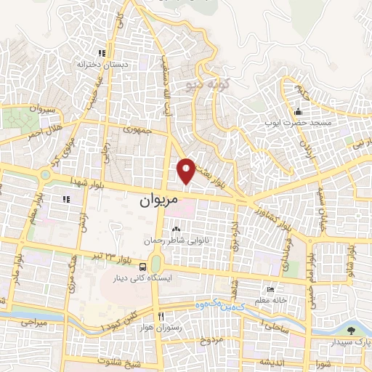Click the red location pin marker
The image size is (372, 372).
pyautogui.click(x=187, y=170)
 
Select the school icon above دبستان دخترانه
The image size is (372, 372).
pyautogui.click(x=102, y=53)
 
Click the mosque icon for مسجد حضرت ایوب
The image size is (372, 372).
pyautogui.click(x=298, y=112)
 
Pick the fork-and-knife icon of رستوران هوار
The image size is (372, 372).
pyautogui.click(x=161, y=316)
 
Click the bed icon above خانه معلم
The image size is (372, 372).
pyautogui.click(x=271, y=289)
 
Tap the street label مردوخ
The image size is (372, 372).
pyautogui.click(x=211, y=340)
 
